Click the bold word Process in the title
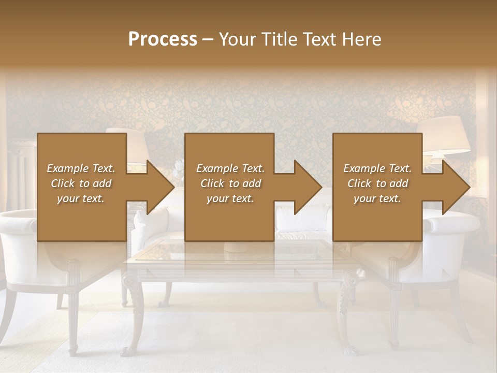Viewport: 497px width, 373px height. coord(163,39)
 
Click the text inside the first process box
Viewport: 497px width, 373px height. coord(81,183)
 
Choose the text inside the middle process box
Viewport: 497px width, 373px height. coord(230,183)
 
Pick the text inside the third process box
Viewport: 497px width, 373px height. coord(377,183)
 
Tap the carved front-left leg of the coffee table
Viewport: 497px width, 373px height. coord(135,311)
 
